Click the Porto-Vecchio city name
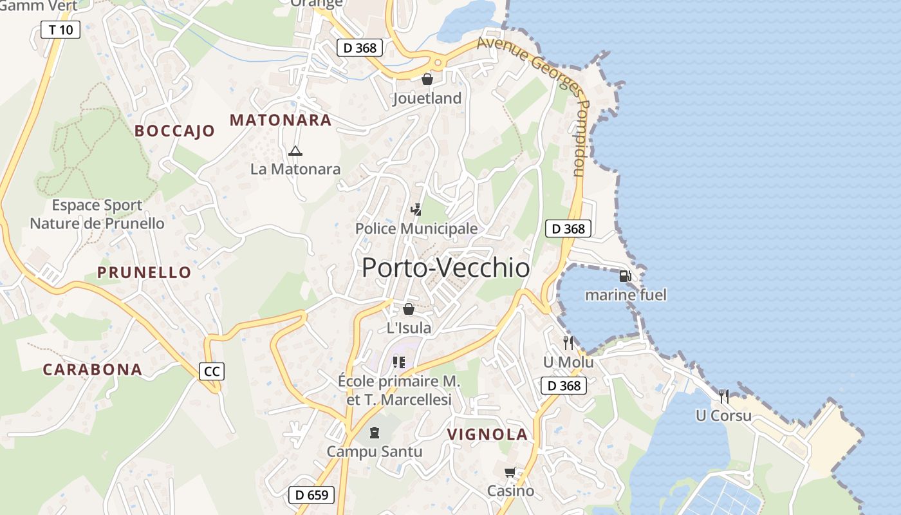pyautogui.click(x=445, y=268)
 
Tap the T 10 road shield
pyautogui.click(x=60, y=30)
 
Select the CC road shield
pyautogui.click(x=212, y=371)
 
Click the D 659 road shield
pyautogui.click(x=311, y=495)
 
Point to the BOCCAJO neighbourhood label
pyautogui.click(x=174, y=131)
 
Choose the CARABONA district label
pyautogui.click(x=92, y=370)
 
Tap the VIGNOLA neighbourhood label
pyautogui.click(x=487, y=435)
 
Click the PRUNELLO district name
pyautogui.click(x=144, y=272)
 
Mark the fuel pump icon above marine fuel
pyautogui.click(x=625, y=276)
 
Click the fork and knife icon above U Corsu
pyautogui.click(x=724, y=396)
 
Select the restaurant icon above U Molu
pyautogui.click(x=568, y=342)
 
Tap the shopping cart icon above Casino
pyautogui.click(x=510, y=473)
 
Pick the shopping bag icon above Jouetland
pyautogui.click(x=427, y=79)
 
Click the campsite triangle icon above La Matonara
pyautogui.click(x=295, y=151)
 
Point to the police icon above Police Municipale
pyautogui.click(x=416, y=209)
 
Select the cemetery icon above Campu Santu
pyautogui.click(x=375, y=432)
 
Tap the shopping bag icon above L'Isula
pyautogui.click(x=409, y=309)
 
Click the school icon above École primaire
pyautogui.click(x=399, y=362)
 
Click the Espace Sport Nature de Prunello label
pyautogui.click(x=97, y=214)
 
